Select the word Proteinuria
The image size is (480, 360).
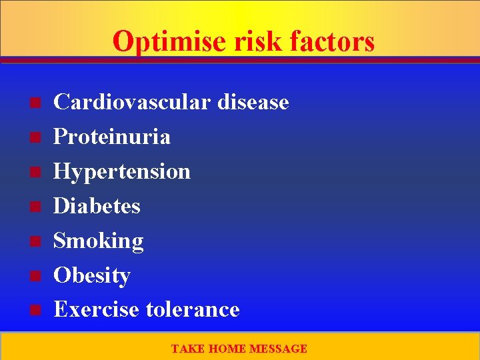pos(111,137)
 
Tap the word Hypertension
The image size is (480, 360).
pos(122,171)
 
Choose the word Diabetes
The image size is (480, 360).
pos(97,206)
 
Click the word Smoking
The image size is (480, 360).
pos(98,241)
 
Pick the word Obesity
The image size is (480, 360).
pos(91,275)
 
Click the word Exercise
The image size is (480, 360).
pos(96,309)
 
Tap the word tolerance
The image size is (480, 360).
pos(192,309)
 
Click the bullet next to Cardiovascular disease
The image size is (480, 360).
pos(35,103)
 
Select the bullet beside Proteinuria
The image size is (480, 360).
pos(35,137)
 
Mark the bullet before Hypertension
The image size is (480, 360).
pos(35,172)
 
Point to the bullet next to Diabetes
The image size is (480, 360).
pos(35,207)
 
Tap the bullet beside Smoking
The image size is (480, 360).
pos(35,241)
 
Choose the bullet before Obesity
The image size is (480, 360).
pos(35,275)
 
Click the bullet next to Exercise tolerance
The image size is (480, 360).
pos(35,310)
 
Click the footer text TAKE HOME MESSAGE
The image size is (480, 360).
pos(239,349)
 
